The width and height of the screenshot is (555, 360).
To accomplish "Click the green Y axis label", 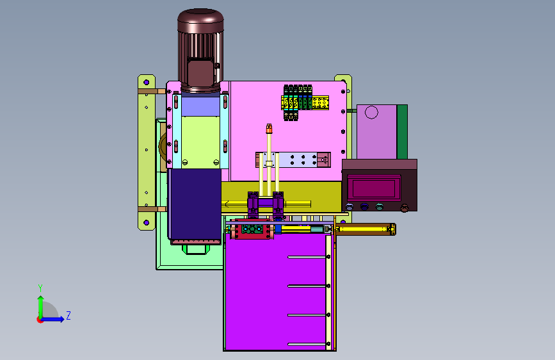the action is tap(40, 288).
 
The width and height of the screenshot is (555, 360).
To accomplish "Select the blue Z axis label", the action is tap(68, 315).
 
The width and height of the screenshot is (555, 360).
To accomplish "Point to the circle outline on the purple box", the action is tap(371, 113).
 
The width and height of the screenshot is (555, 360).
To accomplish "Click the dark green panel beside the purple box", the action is tap(402, 132).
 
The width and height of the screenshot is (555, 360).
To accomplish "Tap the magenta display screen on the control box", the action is tap(374, 188).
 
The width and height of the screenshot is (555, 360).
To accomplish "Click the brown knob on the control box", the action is tap(404, 208).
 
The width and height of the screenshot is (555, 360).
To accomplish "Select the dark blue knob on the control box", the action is tap(364, 206).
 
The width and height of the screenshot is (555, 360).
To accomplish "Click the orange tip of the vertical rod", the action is tap(269, 128).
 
